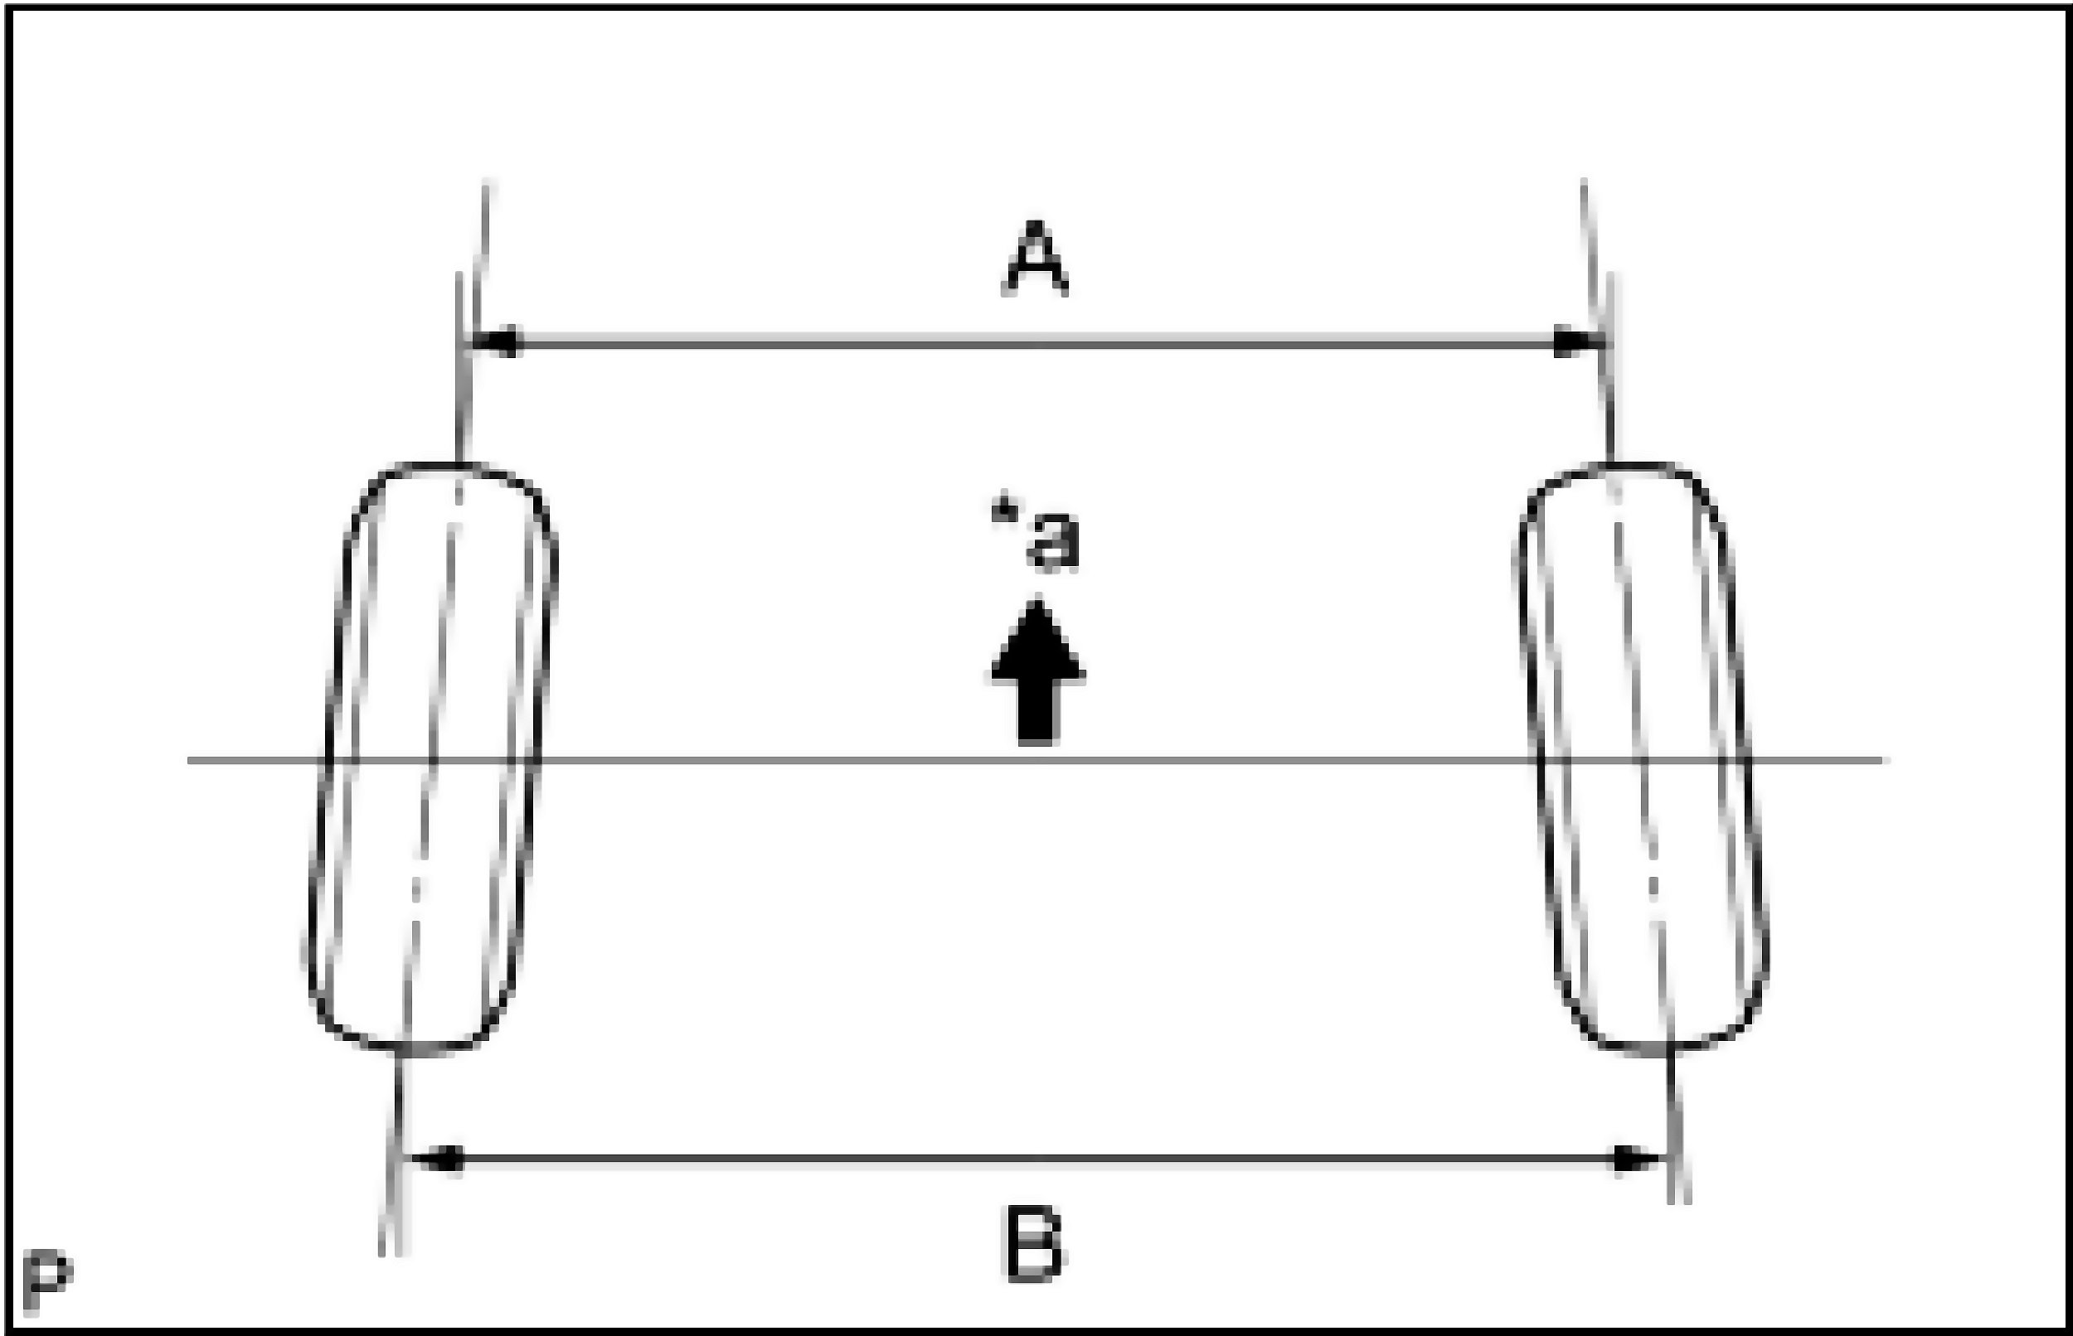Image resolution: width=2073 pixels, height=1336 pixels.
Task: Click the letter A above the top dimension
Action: click(1035, 259)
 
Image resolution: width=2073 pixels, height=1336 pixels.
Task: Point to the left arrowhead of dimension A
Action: click(497, 341)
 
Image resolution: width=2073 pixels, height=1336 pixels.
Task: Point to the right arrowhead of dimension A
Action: click(1574, 341)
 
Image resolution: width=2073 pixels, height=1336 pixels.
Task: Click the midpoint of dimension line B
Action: click(1037, 1159)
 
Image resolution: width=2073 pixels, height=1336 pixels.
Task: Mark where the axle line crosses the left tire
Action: click(430, 761)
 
